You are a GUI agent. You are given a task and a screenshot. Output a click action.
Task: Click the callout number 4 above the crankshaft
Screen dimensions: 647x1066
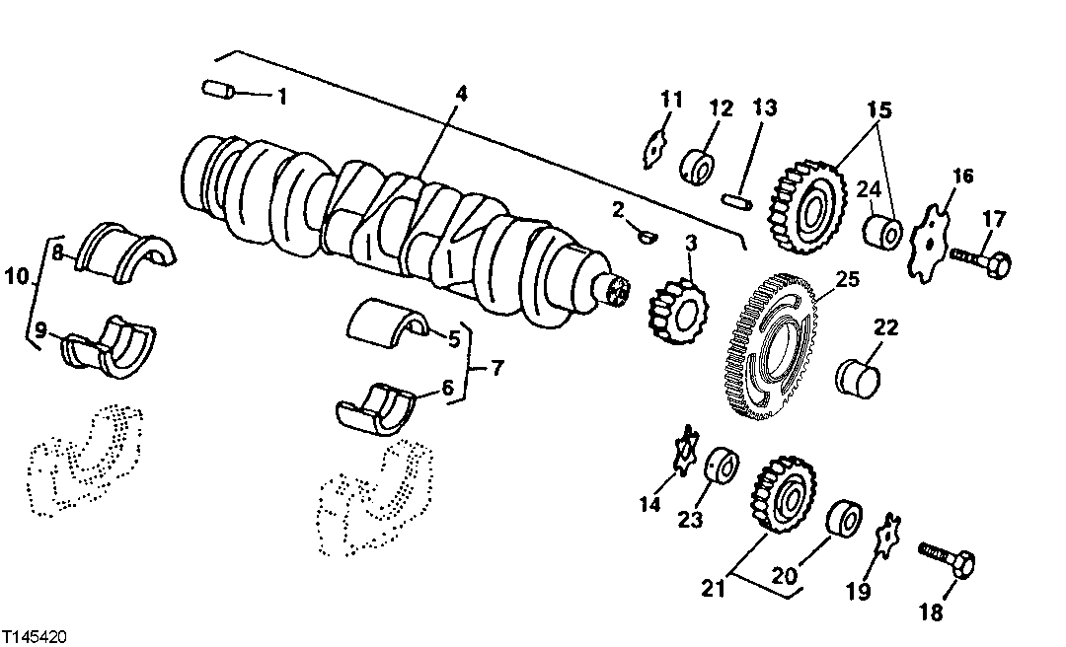(x=461, y=95)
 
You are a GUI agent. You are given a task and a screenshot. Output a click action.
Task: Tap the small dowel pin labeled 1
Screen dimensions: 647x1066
(x=216, y=91)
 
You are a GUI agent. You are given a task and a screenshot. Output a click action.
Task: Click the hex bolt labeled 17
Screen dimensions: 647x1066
(x=982, y=261)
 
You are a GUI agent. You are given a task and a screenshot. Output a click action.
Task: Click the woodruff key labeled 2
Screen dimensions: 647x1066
(x=647, y=235)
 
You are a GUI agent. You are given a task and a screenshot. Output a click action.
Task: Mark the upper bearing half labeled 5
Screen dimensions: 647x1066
(x=389, y=320)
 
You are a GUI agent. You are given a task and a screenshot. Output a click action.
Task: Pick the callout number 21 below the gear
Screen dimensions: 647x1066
(x=712, y=589)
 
